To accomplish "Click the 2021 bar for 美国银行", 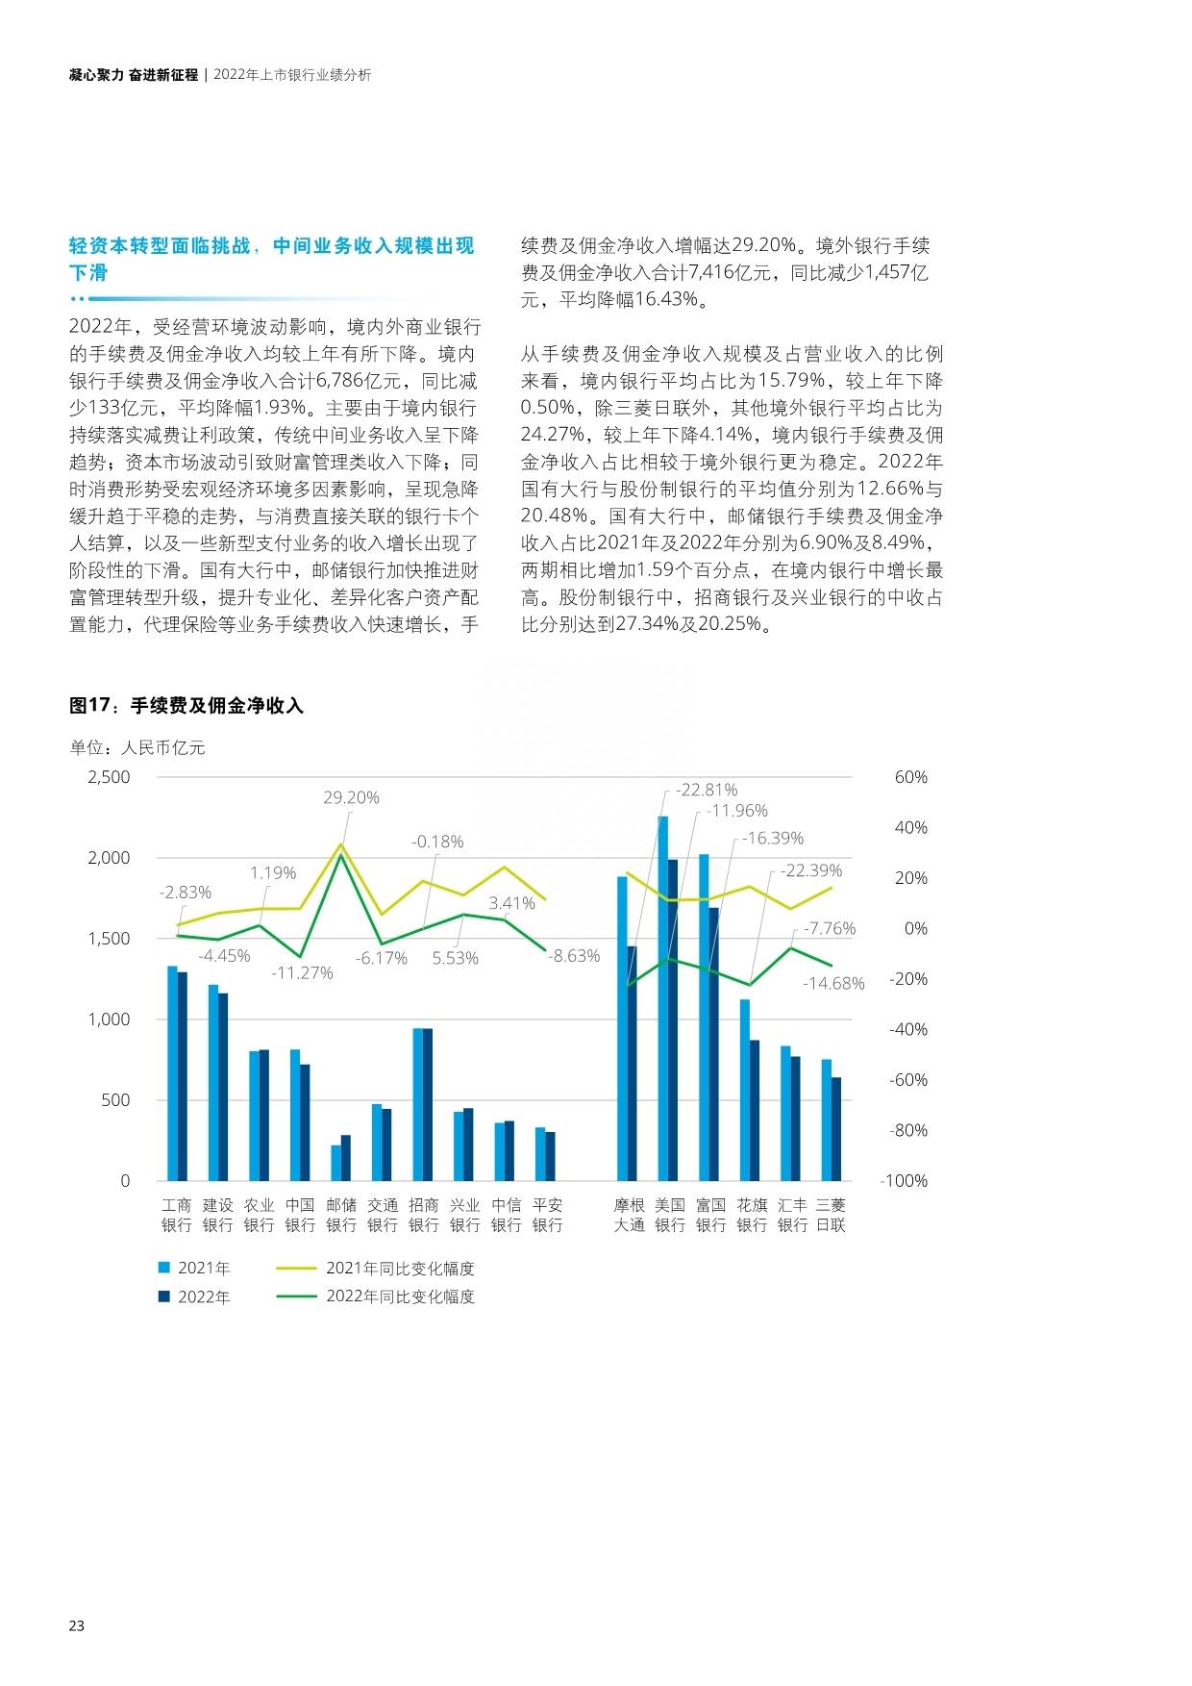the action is point(662,998).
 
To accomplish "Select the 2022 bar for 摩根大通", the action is point(632,1064).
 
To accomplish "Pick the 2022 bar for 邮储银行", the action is point(346,1158).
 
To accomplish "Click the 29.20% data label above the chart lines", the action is point(351,797).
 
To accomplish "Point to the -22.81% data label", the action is point(707,790).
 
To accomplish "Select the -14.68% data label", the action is point(833,983).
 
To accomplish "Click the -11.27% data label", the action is point(302,972).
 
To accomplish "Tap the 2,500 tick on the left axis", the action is point(109,777).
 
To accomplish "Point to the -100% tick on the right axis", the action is point(905,1181).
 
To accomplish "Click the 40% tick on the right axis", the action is point(911,827).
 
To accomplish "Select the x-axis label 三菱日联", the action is point(831,1215).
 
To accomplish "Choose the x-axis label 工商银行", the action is point(177,1215).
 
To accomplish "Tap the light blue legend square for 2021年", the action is point(163,1268).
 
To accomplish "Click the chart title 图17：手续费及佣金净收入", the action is point(186,706).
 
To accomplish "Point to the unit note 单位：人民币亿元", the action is point(137,747).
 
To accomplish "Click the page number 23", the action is point(77,1626).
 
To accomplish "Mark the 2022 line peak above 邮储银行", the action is point(340,855).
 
